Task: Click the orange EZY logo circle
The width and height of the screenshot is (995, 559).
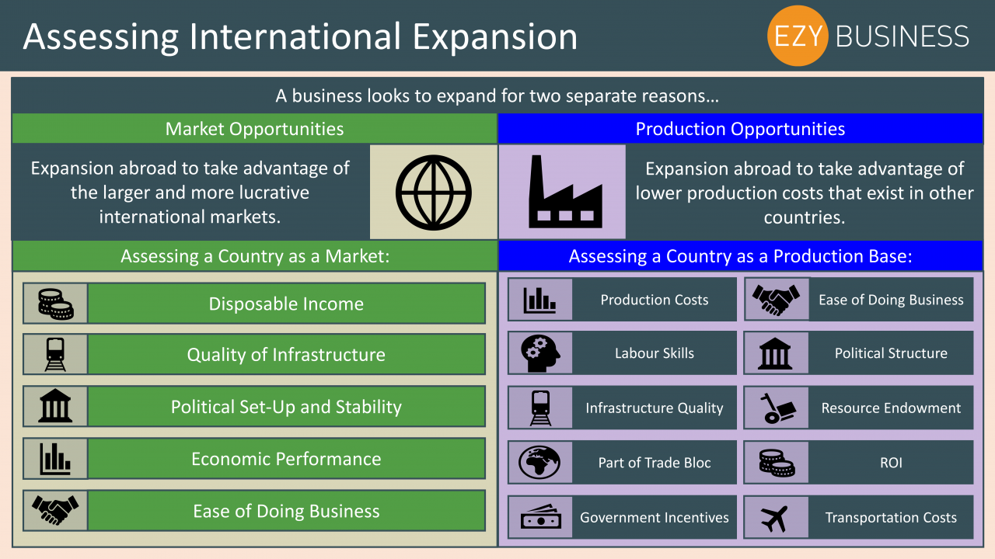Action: pos(798,36)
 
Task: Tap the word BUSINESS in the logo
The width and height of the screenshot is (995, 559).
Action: pos(902,36)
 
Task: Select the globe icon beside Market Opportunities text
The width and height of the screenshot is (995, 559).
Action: pos(434,193)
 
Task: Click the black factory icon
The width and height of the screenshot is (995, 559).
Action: pos(565,192)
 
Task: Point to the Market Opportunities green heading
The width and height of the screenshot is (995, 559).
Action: pos(254,129)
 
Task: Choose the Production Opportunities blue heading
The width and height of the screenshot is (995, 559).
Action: pos(740,129)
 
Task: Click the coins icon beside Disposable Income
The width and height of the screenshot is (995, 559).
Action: pos(55,304)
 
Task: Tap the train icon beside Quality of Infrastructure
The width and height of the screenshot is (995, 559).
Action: pos(55,355)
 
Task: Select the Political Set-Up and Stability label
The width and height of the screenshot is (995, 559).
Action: pos(286,407)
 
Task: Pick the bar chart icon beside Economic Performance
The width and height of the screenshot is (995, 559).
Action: pos(55,459)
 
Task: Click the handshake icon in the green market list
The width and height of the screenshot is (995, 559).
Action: pos(55,510)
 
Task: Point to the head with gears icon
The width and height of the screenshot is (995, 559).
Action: pos(540,353)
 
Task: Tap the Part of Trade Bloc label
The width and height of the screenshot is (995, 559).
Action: pos(655,463)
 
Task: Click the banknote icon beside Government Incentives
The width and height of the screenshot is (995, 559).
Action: pos(540,517)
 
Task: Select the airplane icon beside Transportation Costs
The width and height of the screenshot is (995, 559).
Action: pos(775,518)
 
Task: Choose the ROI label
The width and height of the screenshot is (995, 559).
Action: pos(891,463)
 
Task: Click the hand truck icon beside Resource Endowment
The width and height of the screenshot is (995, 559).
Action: pos(777,408)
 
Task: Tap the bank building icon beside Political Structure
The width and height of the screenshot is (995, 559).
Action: pos(775,353)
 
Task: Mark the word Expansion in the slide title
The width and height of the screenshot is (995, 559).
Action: pos(495,37)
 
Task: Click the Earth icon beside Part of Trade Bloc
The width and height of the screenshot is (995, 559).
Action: pos(539,462)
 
